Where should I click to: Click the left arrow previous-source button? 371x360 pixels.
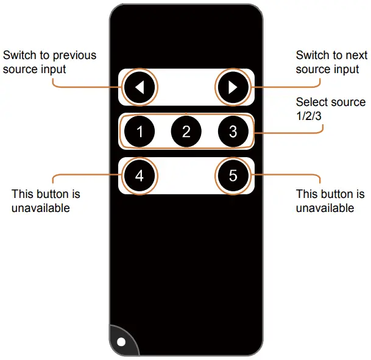click(x=140, y=87)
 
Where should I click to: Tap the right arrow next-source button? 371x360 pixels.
click(x=233, y=87)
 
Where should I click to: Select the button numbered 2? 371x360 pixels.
click(x=186, y=131)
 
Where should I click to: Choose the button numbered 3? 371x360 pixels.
click(x=233, y=131)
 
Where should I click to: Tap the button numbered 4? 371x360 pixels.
click(x=140, y=176)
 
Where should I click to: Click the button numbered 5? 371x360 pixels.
click(x=233, y=176)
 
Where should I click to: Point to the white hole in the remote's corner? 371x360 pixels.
click(x=121, y=342)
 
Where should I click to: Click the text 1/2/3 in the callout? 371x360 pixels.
click(x=308, y=115)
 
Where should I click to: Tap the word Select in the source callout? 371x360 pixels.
click(x=312, y=102)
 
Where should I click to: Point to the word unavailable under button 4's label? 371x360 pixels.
click(x=40, y=208)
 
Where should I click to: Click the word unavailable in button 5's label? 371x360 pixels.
click(x=325, y=208)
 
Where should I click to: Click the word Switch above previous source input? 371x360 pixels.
click(x=19, y=55)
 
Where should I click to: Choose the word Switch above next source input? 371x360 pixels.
click(x=313, y=55)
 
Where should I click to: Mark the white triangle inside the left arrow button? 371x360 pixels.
click(x=139, y=87)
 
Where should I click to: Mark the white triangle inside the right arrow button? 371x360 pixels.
click(x=233, y=87)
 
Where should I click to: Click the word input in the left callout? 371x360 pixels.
click(x=52, y=69)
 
